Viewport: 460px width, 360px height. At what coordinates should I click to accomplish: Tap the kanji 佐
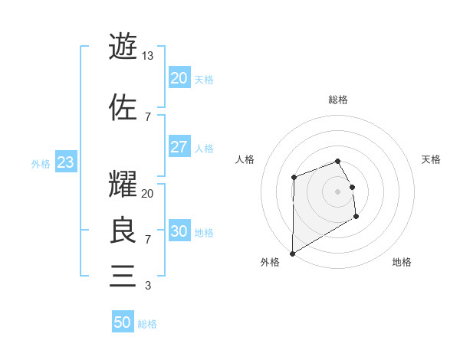pyautogui.click(x=123, y=106)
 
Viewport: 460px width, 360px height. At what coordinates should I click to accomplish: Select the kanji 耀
pyautogui.click(x=123, y=185)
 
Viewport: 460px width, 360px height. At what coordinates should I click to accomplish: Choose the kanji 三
pyautogui.click(x=123, y=275)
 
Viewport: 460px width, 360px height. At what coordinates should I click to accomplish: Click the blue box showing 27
pyautogui.click(x=179, y=148)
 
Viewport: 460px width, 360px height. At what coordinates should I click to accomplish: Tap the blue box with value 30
pyautogui.click(x=179, y=231)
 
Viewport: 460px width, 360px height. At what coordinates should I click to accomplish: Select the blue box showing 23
pyautogui.click(x=65, y=163)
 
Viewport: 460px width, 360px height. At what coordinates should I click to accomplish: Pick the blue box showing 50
pyautogui.click(x=123, y=322)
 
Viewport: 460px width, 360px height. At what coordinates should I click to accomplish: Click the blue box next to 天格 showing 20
pyautogui.click(x=179, y=78)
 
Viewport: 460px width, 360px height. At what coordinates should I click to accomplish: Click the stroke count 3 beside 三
pyautogui.click(x=147, y=286)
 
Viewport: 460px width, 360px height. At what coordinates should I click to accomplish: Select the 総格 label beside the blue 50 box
pyautogui.click(x=147, y=324)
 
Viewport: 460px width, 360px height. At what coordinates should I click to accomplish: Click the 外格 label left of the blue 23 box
pyautogui.click(x=41, y=164)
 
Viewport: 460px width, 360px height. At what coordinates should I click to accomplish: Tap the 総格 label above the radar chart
pyautogui.click(x=338, y=100)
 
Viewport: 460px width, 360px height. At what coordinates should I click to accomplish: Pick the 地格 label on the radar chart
pyautogui.click(x=402, y=263)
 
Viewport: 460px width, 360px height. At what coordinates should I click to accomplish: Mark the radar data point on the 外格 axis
pyautogui.click(x=292, y=254)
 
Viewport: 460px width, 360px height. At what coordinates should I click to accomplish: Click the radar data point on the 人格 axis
pyautogui.click(x=294, y=178)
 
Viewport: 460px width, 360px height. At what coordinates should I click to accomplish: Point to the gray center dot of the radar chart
pyautogui.click(x=338, y=191)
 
